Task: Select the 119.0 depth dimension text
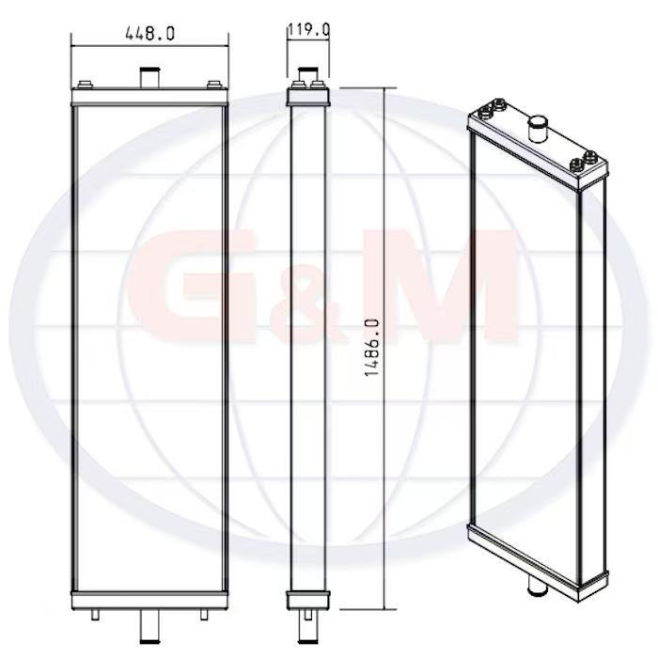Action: (x=308, y=30)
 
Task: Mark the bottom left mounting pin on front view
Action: (x=97, y=613)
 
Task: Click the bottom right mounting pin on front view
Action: (x=203, y=613)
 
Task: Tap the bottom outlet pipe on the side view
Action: (x=307, y=620)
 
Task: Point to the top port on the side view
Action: (x=307, y=74)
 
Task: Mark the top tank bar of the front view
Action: (x=149, y=97)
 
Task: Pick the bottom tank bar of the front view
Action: (x=149, y=599)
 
